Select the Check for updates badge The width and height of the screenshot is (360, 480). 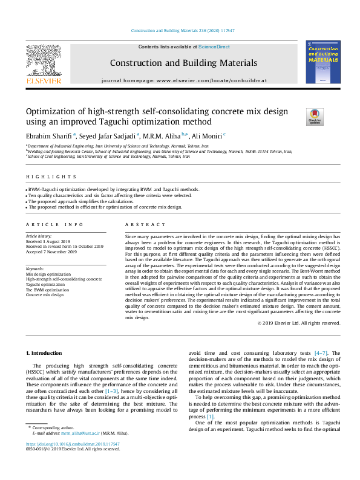click(315, 117)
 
